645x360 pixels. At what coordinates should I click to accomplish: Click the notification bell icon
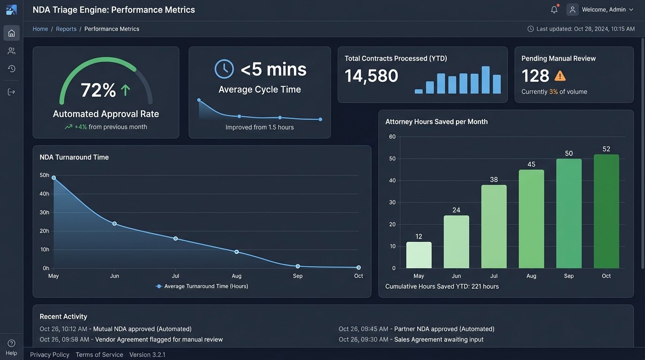(x=554, y=9)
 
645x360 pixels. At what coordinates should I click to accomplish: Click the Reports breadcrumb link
(x=66, y=29)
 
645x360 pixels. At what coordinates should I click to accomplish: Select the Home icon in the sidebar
(x=12, y=33)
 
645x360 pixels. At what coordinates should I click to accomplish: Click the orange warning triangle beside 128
(x=560, y=75)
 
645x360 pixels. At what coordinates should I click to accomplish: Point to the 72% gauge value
(x=98, y=90)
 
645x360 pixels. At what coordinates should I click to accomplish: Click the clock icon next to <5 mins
(x=224, y=69)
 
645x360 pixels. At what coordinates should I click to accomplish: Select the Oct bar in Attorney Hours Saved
(x=606, y=211)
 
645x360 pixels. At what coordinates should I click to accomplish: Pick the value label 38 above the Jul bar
(x=494, y=180)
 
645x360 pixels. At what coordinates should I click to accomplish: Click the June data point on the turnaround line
(x=114, y=224)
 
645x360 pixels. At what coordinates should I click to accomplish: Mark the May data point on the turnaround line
(x=53, y=178)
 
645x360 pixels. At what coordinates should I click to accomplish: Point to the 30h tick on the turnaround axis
(x=45, y=212)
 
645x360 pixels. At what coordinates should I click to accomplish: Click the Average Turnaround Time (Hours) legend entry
(x=202, y=286)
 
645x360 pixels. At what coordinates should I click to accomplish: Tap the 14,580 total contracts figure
(x=371, y=76)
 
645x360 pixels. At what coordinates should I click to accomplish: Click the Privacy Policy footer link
(x=50, y=354)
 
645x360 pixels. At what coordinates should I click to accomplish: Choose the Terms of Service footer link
(x=99, y=354)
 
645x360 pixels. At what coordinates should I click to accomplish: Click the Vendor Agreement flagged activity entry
(x=131, y=339)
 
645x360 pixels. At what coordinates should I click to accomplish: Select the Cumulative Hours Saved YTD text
(x=442, y=286)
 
